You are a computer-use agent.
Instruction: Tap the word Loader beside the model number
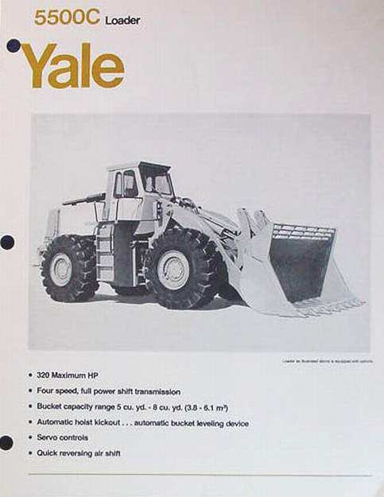pyautogui.click(x=122, y=20)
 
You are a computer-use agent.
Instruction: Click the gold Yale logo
pyautogui.click(x=72, y=65)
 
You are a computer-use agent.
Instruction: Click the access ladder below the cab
pyautogui.click(x=105, y=253)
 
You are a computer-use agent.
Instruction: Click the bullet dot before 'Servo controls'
pyautogui.click(x=29, y=437)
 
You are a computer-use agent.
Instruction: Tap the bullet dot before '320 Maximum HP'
pyautogui.click(x=29, y=375)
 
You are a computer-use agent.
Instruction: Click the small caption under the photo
pyautogui.click(x=326, y=359)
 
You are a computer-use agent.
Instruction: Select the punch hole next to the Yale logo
pyautogui.click(x=13, y=46)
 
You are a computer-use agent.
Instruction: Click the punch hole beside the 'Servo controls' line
pyautogui.click(x=6, y=442)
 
